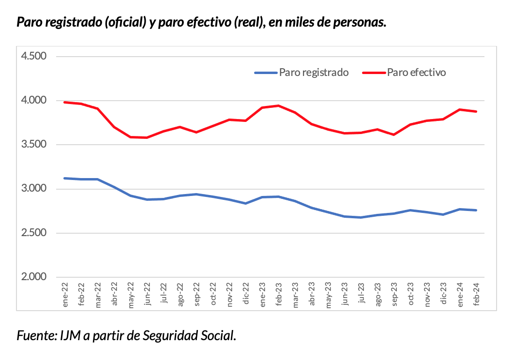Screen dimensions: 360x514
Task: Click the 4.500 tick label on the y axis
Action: point(33,56)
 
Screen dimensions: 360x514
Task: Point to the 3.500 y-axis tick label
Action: point(33,145)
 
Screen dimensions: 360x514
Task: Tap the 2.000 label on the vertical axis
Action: point(33,277)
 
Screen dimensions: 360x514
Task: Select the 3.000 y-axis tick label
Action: point(33,189)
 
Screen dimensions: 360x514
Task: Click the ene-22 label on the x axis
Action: point(65,294)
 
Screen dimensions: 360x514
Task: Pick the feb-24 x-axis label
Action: point(476,294)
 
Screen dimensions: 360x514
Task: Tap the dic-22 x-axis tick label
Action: point(246,294)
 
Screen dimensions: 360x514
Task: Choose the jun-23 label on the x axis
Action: point(345,294)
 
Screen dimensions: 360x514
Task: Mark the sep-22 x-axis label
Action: point(197,294)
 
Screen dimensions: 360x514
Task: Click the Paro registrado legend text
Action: point(314,73)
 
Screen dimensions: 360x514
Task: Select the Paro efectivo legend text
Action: point(416,73)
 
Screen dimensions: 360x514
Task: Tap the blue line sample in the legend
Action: point(266,73)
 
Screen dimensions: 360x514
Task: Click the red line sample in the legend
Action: point(374,73)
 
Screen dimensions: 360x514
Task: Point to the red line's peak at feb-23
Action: point(279,105)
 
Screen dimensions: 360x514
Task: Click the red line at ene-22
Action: point(65,102)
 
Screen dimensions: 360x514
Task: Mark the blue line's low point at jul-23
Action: point(361,217)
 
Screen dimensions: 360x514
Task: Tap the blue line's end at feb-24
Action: point(476,210)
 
